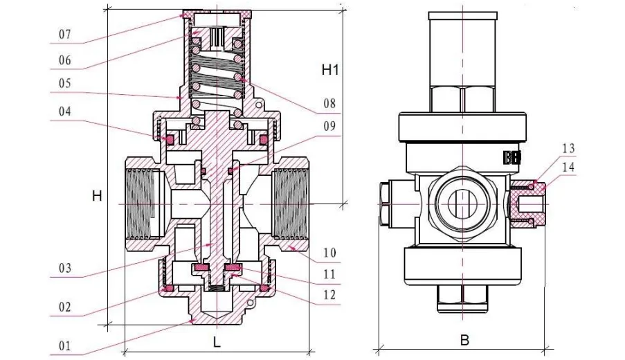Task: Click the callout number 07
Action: [64, 34]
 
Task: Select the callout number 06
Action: [64, 60]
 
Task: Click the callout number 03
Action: [64, 268]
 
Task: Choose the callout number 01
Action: [64, 345]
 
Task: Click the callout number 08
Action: [329, 104]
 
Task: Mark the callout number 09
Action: [329, 127]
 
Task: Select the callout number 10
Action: [329, 253]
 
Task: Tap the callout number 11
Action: [329, 276]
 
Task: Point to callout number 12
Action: [329, 294]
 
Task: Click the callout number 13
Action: [568, 149]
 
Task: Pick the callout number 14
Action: [568, 166]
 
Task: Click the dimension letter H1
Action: [330, 69]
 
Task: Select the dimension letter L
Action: [217, 341]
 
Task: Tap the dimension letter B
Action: [464, 341]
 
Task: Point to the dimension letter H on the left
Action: [97, 197]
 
